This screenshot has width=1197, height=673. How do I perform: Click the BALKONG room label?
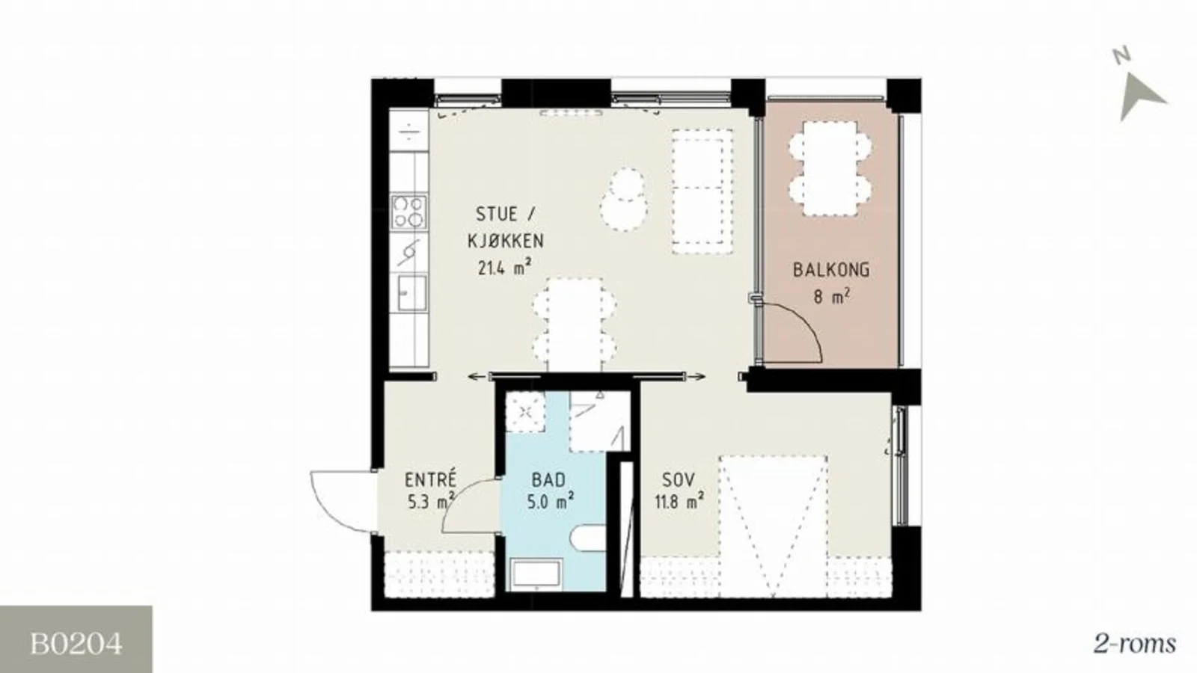tap(831, 270)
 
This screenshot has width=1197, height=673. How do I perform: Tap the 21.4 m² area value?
tap(504, 266)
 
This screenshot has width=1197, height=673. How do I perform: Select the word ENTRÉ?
tap(431, 479)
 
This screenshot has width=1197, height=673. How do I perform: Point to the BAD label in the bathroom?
tap(548, 479)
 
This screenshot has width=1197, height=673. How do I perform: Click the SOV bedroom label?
tap(679, 479)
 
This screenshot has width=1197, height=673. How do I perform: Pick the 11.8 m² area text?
tap(679, 502)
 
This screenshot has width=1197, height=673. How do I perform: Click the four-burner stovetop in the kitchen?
tap(408, 212)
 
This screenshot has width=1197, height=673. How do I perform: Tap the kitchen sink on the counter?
tap(412, 293)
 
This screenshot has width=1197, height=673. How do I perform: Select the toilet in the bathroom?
tap(588, 538)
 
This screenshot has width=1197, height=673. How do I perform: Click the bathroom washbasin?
tap(536, 575)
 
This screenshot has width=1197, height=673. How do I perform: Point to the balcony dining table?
tap(830, 168)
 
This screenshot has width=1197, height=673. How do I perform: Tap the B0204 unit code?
tap(76, 644)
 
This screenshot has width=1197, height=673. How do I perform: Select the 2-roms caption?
tap(1134, 644)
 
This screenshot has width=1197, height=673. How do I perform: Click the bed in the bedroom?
tap(774, 526)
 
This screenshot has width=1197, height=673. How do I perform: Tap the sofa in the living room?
tap(702, 191)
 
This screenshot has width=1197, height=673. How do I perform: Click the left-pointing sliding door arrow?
tap(478, 377)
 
